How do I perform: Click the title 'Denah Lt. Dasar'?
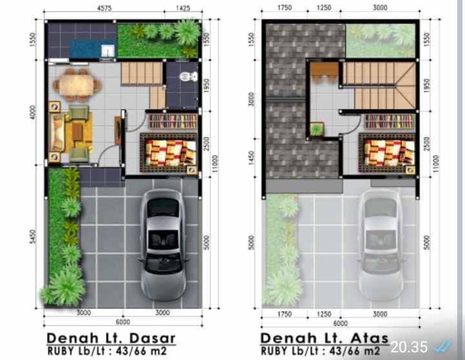(x=110, y=338)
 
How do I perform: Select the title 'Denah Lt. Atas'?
(x=324, y=338)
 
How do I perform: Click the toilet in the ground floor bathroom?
(x=187, y=77)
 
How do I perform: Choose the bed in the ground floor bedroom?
(x=169, y=154)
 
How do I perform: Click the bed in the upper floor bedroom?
(x=386, y=154)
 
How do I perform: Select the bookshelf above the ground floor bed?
(x=172, y=121)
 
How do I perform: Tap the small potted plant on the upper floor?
(x=316, y=129)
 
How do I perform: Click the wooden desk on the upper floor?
(x=324, y=70)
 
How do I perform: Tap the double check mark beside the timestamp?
(x=444, y=346)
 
